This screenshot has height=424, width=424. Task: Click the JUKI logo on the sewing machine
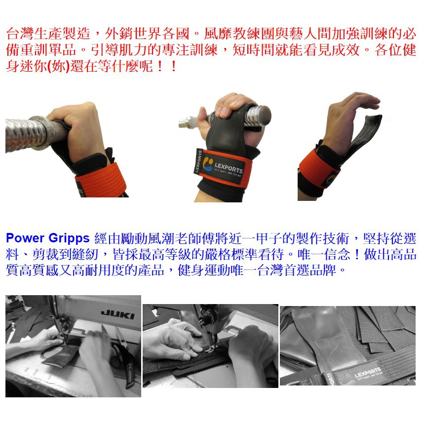click(117, 314)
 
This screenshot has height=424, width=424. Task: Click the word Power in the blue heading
click(25, 238)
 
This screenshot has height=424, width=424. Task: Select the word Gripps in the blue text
click(69, 238)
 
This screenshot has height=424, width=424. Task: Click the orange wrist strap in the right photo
click(318, 169)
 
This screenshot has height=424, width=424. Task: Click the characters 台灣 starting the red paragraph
click(20, 34)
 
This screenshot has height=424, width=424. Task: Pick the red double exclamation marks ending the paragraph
click(167, 66)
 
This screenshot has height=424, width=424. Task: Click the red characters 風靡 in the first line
click(218, 34)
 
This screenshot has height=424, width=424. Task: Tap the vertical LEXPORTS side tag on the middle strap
click(199, 161)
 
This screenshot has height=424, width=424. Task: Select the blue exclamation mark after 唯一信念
click(357, 254)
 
